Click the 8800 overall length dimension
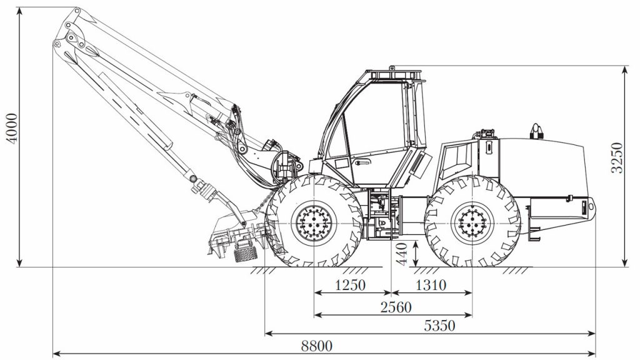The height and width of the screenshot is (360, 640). (317, 346)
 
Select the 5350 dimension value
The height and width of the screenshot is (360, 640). (439, 326)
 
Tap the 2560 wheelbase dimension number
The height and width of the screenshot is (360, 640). (396, 307)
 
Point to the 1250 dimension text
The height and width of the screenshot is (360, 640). (350, 285)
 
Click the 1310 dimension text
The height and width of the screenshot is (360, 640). (431, 285)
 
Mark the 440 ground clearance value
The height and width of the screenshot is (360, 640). (402, 254)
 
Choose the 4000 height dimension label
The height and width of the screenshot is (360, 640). (12, 128)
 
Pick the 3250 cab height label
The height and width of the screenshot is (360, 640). (617, 157)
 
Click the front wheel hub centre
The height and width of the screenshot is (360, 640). (314, 224)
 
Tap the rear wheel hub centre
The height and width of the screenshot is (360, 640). (472, 224)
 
